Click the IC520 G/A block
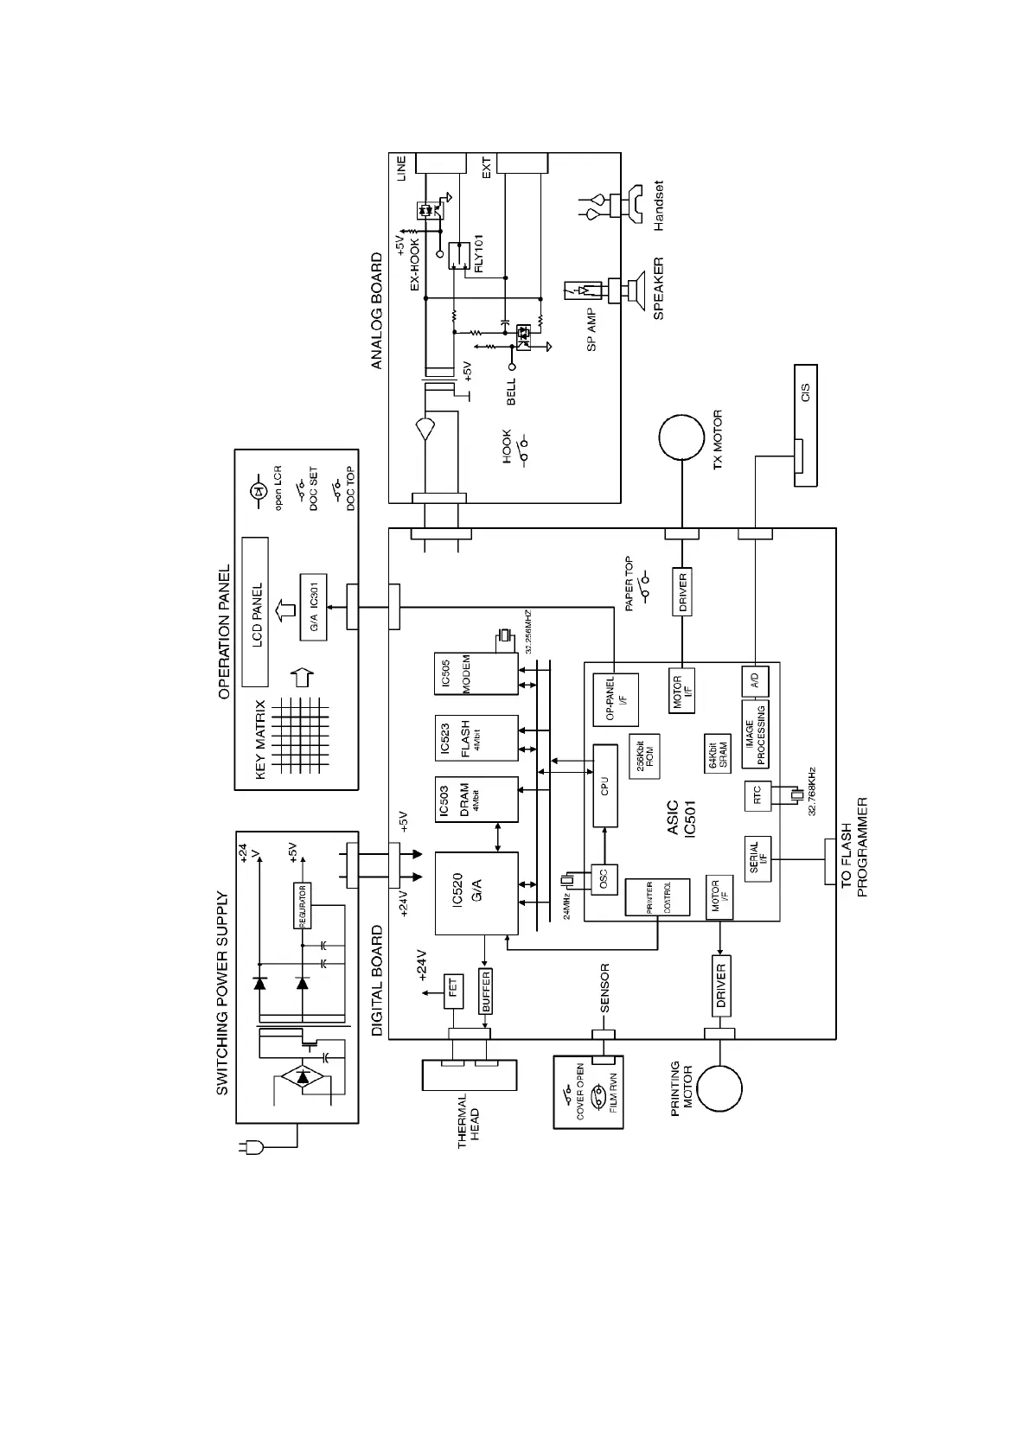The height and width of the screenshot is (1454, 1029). (x=476, y=893)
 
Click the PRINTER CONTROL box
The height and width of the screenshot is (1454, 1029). (x=657, y=897)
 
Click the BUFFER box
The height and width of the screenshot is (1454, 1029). (x=485, y=991)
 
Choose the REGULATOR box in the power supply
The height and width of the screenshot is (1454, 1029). (x=302, y=905)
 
